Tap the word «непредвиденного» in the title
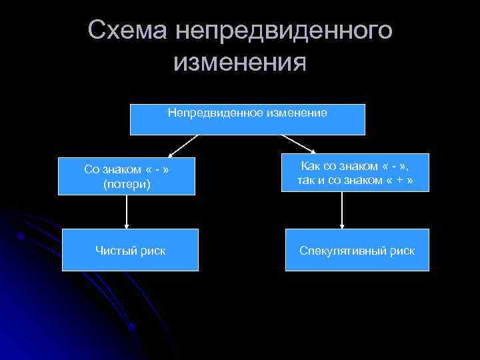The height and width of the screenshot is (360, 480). point(283,30)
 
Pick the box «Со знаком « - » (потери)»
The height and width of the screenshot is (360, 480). point(127,176)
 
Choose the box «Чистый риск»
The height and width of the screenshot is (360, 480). point(130,250)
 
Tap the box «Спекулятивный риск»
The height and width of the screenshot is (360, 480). point(357,250)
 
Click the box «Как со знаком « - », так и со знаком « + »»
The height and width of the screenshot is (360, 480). point(357,172)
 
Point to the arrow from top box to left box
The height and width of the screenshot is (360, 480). point(184,145)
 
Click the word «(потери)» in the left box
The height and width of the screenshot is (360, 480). point(127,183)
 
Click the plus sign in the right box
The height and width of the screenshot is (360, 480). point(398,179)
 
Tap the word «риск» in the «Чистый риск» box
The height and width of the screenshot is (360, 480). point(153,251)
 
